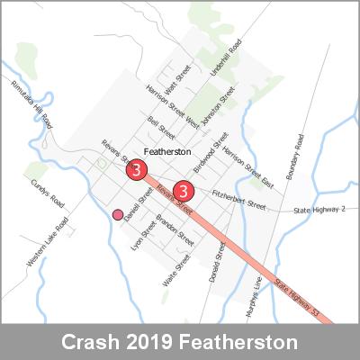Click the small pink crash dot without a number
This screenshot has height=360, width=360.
pyautogui.click(x=117, y=214)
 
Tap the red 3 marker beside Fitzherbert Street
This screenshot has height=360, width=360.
pyautogui.click(x=184, y=191)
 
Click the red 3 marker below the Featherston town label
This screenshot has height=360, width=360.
pyautogui.click(x=136, y=168)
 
